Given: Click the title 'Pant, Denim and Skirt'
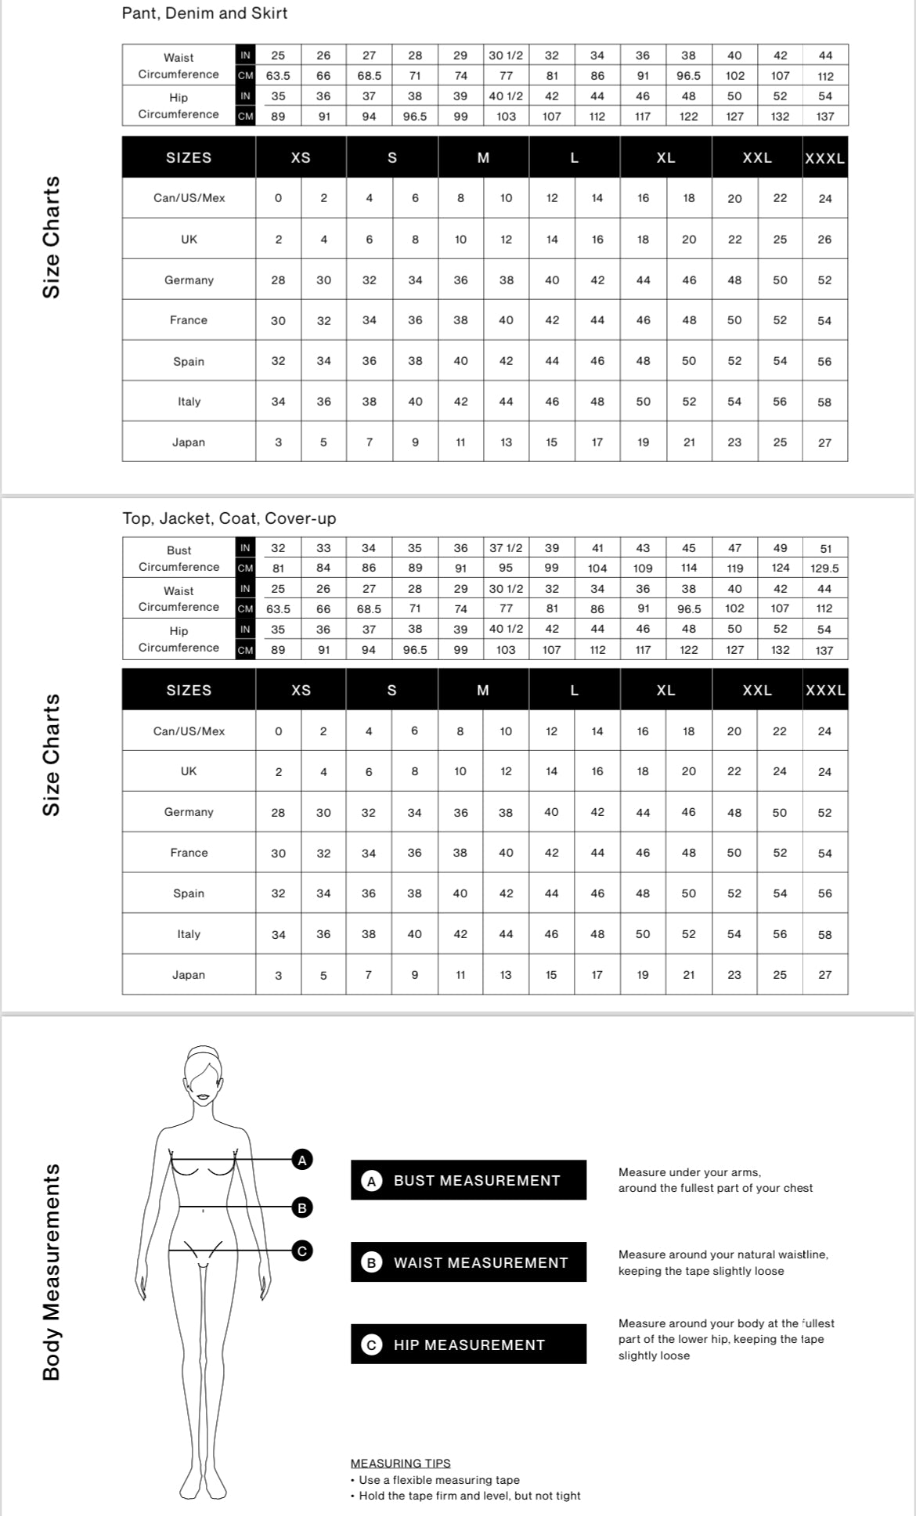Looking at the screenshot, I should (x=204, y=13).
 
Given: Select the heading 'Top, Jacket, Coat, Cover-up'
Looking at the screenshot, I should (x=229, y=518).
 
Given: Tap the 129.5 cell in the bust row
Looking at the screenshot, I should (x=825, y=568).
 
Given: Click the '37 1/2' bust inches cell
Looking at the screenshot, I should (x=506, y=548).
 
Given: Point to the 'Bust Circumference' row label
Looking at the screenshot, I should (x=179, y=558).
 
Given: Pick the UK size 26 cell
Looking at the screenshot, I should (x=824, y=240).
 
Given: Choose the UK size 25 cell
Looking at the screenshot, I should (x=780, y=240).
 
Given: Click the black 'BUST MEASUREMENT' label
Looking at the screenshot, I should (x=468, y=1180).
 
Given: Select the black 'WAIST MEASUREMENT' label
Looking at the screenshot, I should (x=468, y=1262).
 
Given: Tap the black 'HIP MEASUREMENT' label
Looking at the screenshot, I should (x=468, y=1345).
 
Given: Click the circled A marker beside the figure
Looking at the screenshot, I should (x=302, y=1160).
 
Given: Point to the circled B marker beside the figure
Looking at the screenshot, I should (x=302, y=1207).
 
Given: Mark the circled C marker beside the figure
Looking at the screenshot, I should (x=302, y=1251).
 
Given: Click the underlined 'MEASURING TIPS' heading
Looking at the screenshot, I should (x=400, y=1463).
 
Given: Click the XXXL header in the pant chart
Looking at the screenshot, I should (x=824, y=158).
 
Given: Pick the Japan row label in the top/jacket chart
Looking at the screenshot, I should (x=189, y=975).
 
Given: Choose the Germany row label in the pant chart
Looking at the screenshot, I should (x=189, y=280).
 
